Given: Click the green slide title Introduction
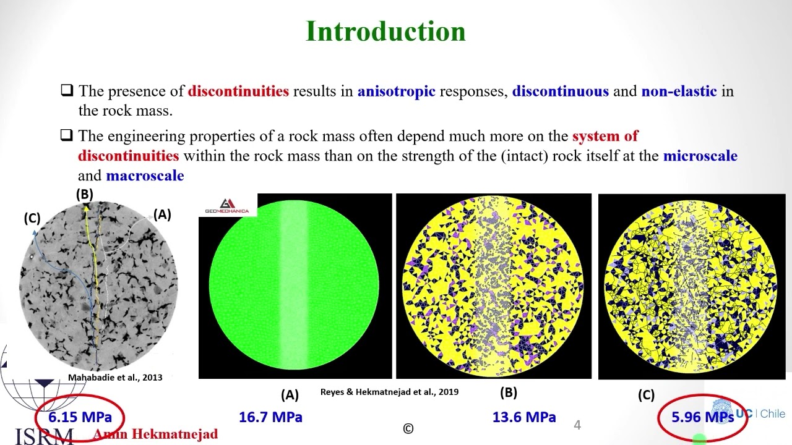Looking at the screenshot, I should coord(385,32).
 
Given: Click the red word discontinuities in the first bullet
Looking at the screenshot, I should coord(238,91).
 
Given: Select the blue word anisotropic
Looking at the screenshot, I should coord(396,91).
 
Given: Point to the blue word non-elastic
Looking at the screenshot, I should coord(679,91).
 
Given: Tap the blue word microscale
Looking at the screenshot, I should coord(700,155).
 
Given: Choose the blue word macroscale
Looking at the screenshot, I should coord(145,176).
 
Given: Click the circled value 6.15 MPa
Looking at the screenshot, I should coord(80,417).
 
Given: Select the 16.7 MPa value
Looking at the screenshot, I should coord(270,417).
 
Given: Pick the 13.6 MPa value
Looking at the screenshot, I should coord(524,417).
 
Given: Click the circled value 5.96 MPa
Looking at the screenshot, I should coord(702,417).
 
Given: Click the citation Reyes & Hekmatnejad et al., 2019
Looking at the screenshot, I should coord(389,392).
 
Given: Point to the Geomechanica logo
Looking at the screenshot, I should coord(227,206).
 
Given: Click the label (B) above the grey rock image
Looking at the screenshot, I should coord(85,194).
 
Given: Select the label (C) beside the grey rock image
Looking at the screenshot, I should coord(32,218).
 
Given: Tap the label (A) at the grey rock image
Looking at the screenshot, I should coord(162,214).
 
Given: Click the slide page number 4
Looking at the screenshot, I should coord(577,425).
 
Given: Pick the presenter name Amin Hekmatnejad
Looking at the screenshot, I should coord(155,434).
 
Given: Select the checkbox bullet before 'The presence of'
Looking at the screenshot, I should coord(67,91).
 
